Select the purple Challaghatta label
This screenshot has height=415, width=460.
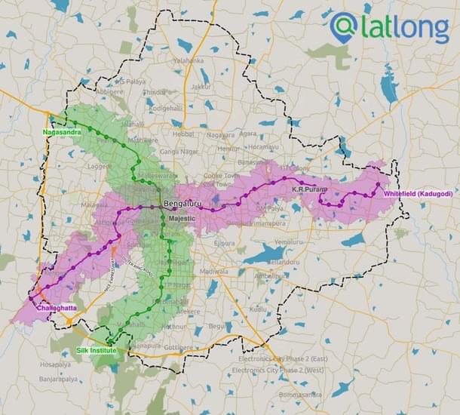(x=56, y=307)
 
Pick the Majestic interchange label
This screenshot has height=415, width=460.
(x=182, y=218)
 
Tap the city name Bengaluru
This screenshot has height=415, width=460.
(x=181, y=204)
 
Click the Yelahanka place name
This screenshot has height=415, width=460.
(x=188, y=60)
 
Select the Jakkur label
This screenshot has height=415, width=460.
(x=201, y=87)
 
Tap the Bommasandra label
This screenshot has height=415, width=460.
(x=300, y=395)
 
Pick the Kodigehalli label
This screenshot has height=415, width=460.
(x=166, y=108)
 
